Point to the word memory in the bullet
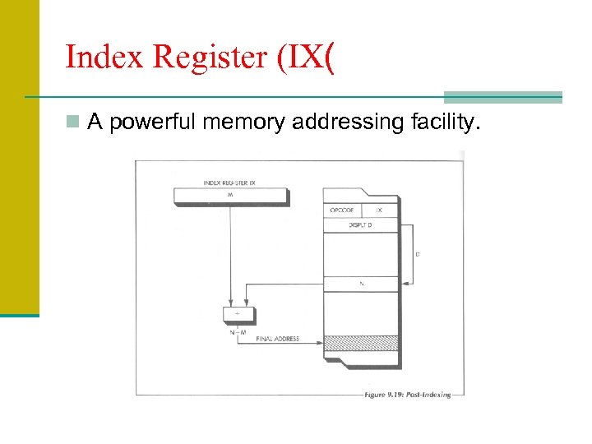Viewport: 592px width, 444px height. [x=247, y=123]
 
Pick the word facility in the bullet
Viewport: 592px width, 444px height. [x=442, y=123]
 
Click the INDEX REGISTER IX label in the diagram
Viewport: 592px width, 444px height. [x=229, y=183]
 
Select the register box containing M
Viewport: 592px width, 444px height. [x=230, y=196]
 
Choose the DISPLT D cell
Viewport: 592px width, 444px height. [x=360, y=225]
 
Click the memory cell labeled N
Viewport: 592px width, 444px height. [x=361, y=284]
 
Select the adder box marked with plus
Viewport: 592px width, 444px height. [x=238, y=314]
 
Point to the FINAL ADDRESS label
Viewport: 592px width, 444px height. [x=277, y=339]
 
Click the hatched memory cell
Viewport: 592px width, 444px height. [x=361, y=343]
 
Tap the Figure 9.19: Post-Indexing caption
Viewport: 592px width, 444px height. [x=407, y=395]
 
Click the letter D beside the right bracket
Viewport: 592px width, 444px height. [x=417, y=254]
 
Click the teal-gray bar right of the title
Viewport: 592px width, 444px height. [x=502, y=96]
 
